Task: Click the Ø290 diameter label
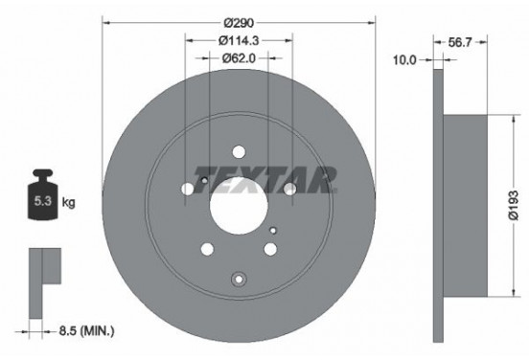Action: [238, 22]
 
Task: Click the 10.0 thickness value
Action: [405, 60]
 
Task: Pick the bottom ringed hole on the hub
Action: [239, 279]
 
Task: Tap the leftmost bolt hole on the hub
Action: [186, 188]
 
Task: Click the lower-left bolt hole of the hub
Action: [206, 250]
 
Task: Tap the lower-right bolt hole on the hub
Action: [271, 250]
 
